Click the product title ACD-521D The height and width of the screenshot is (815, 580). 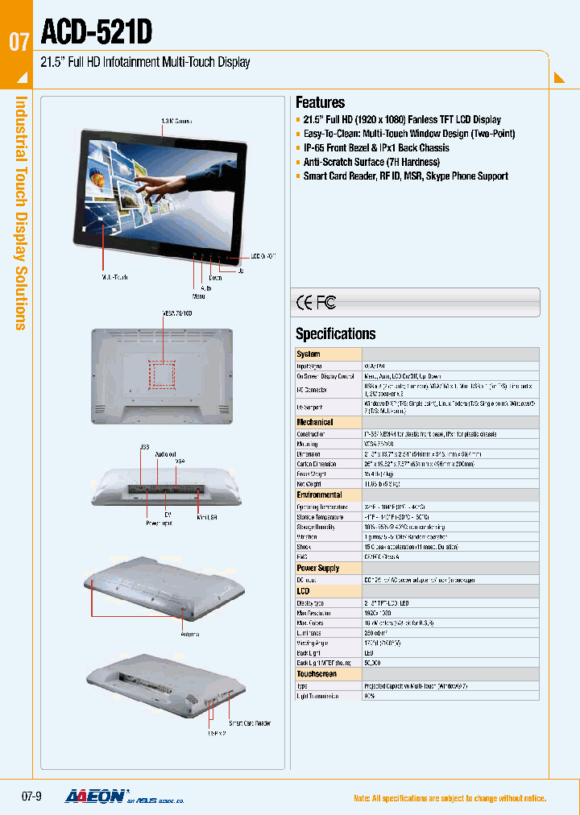click(x=96, y=32)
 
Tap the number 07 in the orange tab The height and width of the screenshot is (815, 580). click(x=19, y=41)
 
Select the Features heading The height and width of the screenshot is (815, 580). click(x=320, y=102)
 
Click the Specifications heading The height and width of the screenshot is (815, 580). click(x=335, y=333)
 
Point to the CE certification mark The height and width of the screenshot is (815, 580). click(x=304, y=303)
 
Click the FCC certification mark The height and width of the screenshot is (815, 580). click(x=325, y=303)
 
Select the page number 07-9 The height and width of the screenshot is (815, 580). click(x=31, y=797)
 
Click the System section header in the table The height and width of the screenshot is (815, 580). click(x=309, y=354)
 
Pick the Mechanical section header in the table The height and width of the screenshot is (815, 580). click(x=315, y=422)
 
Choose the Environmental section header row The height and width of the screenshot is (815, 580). click(x=319, y=495)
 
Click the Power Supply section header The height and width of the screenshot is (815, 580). click(x=318, y=568)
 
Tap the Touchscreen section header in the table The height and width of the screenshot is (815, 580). click(x=317, y=673)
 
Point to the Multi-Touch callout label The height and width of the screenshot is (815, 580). click(x=115, y=276)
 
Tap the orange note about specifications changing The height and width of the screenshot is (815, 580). click(x=449, y=798)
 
